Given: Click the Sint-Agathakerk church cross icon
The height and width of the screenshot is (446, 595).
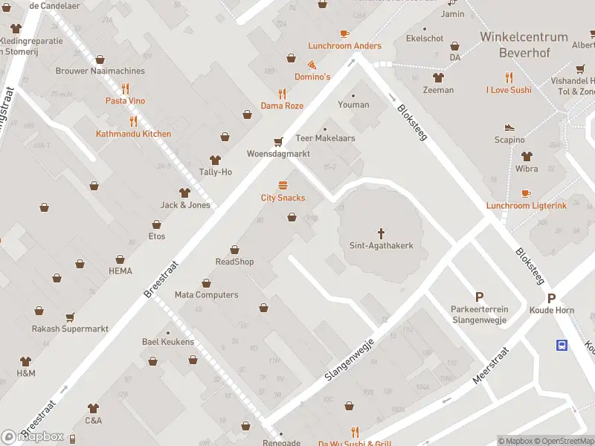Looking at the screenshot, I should (381, 233).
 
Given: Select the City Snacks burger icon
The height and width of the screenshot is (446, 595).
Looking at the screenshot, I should (283, 186).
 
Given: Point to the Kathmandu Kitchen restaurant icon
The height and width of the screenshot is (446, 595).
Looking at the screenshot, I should (133, 121).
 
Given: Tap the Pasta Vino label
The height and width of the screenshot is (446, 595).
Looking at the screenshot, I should (125, 100).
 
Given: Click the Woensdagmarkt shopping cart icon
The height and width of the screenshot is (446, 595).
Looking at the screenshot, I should (278, 141).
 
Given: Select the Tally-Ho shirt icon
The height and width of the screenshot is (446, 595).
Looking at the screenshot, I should (216, 160).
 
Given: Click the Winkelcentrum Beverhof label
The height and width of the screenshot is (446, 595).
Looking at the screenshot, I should (524, 44).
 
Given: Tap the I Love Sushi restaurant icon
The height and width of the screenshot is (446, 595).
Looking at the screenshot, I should (509, 77).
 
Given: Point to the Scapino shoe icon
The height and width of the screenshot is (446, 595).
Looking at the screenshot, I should (509, 128).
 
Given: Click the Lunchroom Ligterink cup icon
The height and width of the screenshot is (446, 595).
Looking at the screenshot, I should (526, 193).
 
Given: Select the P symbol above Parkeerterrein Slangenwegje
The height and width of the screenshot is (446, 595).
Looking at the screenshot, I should (478, 297).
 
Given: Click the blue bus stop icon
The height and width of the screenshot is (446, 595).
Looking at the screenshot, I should (563, 344).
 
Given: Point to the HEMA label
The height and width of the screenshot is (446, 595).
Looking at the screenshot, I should (120, 271).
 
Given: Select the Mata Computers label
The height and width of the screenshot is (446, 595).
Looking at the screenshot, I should (206, 294).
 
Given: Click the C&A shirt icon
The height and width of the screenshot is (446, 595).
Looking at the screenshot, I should (93, 408).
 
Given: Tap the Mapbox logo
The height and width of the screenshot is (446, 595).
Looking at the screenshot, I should (33, 436).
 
